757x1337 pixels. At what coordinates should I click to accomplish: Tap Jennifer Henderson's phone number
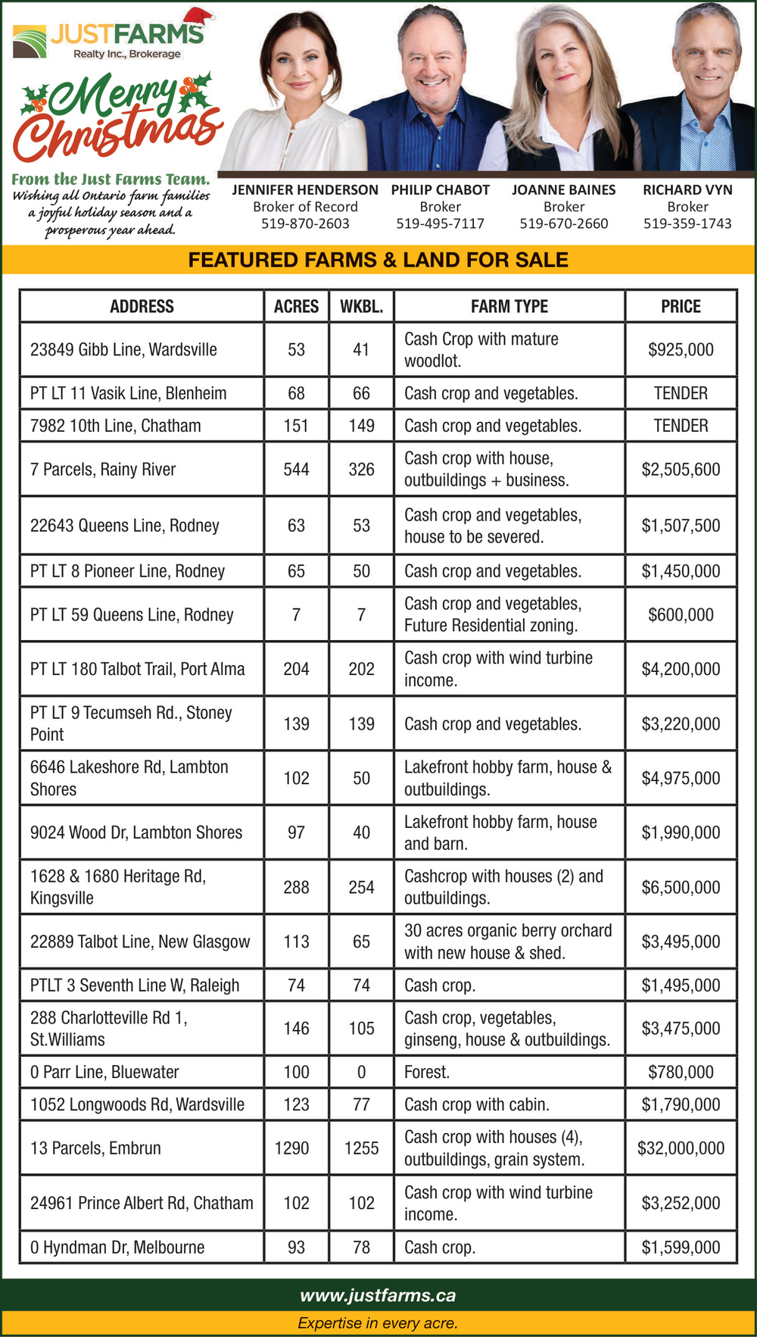305,223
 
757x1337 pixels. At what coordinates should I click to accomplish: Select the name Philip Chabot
440,190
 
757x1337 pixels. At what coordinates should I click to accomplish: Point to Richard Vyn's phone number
687,223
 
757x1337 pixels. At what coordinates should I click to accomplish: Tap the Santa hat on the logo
198,17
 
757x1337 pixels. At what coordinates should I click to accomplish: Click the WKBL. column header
361,307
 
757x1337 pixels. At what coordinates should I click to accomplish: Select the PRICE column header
681,307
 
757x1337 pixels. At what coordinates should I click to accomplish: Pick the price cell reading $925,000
681,350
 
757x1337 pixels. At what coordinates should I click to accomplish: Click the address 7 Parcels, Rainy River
103,470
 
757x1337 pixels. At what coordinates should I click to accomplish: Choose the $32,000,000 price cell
681,1148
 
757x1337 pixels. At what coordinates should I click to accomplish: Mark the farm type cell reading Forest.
427,1073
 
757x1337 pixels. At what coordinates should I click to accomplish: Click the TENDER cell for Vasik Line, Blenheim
681,394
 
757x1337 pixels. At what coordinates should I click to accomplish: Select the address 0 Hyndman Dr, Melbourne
117,1248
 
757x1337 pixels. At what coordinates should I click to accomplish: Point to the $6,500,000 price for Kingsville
681,888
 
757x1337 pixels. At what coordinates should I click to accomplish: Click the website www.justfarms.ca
378,1295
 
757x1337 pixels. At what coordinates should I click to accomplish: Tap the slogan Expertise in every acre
378,1323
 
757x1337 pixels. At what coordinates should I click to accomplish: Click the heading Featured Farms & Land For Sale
378,261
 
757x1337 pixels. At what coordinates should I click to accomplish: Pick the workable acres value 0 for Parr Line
361,1073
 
